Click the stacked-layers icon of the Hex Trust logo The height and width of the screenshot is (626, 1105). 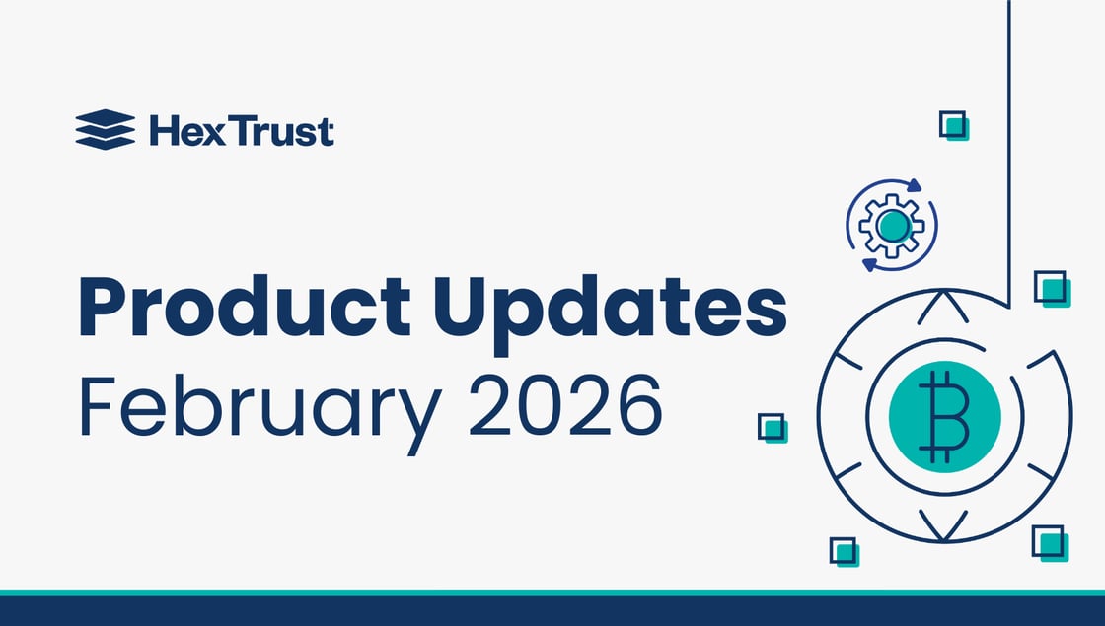tap(105, 129)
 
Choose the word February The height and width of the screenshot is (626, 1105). tap(258, 406)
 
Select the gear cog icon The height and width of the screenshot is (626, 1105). tap(892, 226)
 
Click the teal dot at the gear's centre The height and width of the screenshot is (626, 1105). tap(892, 226)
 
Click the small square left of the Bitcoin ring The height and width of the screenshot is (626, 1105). tap(771, 427)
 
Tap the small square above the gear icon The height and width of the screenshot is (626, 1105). tap(953, 125)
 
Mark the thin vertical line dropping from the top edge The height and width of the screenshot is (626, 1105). tap(1007, 148)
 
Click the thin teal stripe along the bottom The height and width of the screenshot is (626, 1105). tap(552, 592)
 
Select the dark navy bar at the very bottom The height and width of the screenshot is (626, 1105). tap(552, 611)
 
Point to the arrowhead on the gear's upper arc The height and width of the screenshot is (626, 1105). tap(915, 184)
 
